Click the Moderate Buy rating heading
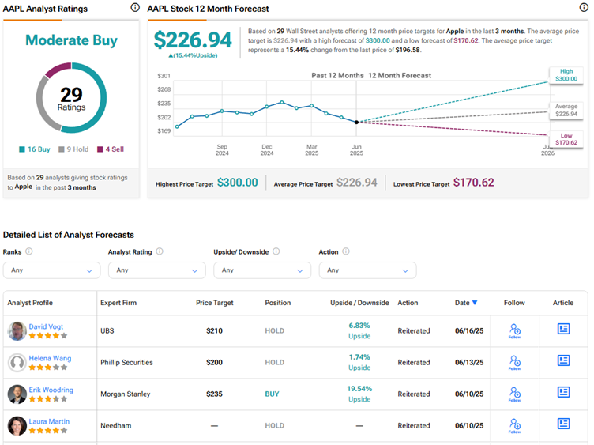tap(71, 40)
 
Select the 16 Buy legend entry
tap(35, 149)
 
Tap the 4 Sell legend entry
tap(111, 149)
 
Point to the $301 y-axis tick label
tap(164, 76)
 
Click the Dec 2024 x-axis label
tap(267, 149)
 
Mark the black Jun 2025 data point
tap(356, 122)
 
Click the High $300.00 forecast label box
tap(566, 75)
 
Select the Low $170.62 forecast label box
tap(566, 139)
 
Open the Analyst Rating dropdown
tap(157, 270)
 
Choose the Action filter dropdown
tap(367, 270)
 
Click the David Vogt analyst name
tap(46, 326)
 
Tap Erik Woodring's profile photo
tap(17, 394)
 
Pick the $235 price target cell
tap(214, 394)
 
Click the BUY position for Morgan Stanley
tap(272, 394)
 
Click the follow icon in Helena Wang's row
tap(515, 362)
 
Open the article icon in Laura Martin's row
tap(563, 424)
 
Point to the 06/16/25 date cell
tap(469, 331)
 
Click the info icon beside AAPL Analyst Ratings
tap(135, 8)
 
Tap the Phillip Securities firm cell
tap(126, 362)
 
